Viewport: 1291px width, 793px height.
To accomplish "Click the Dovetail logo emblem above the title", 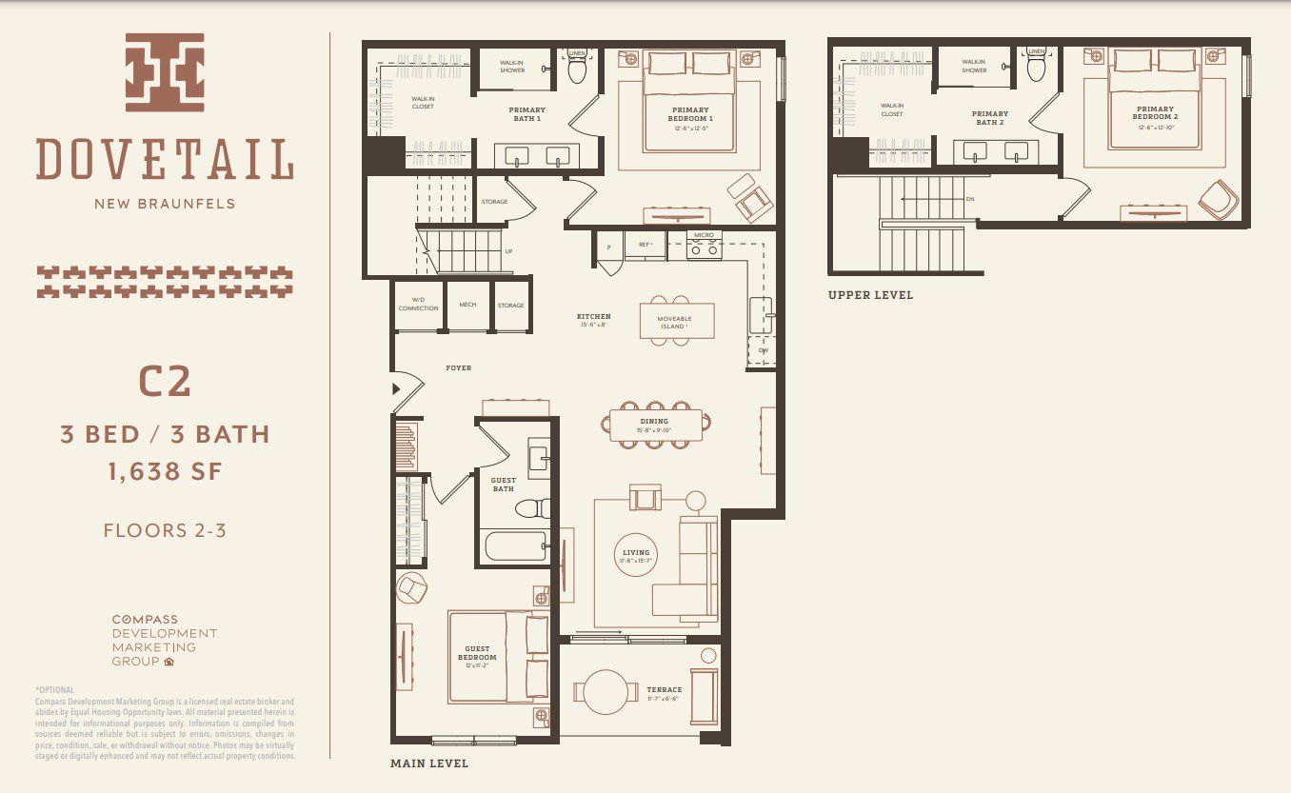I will coord(165,72).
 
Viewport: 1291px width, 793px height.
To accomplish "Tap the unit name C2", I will coord(165,382).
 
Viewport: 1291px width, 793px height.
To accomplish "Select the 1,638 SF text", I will coord(165,470).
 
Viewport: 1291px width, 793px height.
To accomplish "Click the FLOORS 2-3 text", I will coord(165,530).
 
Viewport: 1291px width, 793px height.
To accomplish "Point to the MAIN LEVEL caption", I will coord(429,763).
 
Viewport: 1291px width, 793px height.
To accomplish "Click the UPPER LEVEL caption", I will coord(870,295).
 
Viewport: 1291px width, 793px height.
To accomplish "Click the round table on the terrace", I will coord(606,692).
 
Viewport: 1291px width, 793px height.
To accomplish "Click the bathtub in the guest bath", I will coord(513,547).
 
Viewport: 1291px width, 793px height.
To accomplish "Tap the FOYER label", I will coord(458,367).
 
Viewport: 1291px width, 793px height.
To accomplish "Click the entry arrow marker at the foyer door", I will coord(396,388).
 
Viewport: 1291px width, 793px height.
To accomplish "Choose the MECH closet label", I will coord(467,306).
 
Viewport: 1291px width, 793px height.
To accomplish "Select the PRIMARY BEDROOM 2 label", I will coord(1155,113).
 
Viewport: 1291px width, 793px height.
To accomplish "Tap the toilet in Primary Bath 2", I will coord(1037,68).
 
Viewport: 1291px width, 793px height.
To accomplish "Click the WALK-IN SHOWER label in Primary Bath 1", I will coord(513,66).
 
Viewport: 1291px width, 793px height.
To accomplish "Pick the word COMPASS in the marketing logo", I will coord(145,620).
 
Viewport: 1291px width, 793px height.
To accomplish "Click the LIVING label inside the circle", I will coord(635,553).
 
